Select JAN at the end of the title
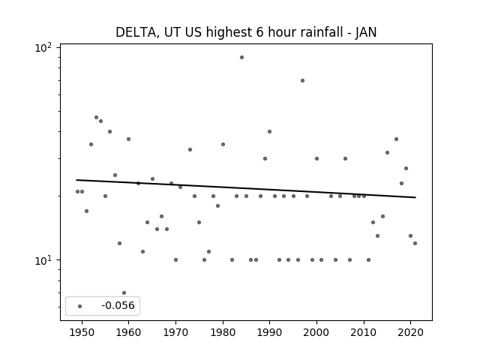[366, 32]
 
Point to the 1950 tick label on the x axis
[82, 333]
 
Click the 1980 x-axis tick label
[223, 333]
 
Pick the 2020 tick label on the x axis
[410, 333]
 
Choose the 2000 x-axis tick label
[316, 333]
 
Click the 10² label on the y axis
[43, 47]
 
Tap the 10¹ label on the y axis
[43, 261]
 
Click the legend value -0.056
[118, 305]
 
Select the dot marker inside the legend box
[80, 306]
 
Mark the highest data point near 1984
[241, 57]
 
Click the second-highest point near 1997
[302, 80]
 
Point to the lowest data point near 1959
[124, 293]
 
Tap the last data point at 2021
[415, 243]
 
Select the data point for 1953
[96, 117]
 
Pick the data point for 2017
[396, 139]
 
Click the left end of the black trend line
[76, 180]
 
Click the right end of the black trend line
[415, 197]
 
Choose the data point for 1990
[269, 132]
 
